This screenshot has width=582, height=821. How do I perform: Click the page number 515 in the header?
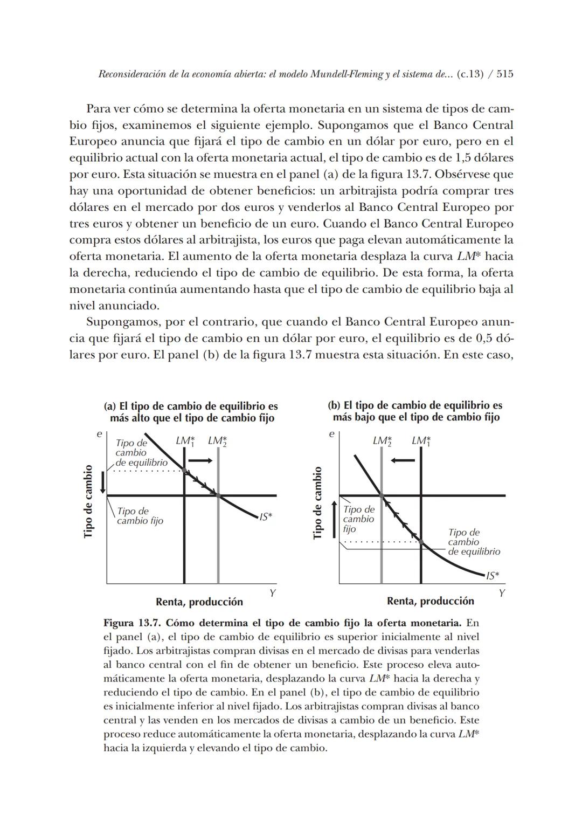coord(504,74)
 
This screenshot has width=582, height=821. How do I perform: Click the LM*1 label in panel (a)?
coord(185,441)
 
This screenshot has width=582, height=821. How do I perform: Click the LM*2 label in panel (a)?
coord(217,441)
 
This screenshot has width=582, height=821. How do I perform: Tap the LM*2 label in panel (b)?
coord(382,441)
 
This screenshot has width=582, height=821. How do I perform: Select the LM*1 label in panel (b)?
coord(421,441)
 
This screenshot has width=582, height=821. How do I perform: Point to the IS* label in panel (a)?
coord(266,516)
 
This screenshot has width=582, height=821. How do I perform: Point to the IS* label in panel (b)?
coord(492,576)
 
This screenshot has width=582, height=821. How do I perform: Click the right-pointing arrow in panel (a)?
coord(201,460)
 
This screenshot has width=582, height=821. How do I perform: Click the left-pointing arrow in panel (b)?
coord(403,460)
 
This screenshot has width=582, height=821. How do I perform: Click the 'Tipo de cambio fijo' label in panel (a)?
coord(140,516)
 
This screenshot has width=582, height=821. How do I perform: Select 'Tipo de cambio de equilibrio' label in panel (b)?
coord(473,542)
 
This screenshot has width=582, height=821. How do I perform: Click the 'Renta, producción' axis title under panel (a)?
coord(199,602)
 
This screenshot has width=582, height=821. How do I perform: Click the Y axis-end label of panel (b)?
coord(501,593)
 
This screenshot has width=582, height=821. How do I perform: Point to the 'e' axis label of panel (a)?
coord(99,433)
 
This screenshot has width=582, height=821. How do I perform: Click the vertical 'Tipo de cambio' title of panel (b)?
coord(318,502)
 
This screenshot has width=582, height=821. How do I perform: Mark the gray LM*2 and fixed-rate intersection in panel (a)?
coord(218,495)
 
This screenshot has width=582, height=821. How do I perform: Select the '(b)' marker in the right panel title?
coord(334,405)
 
